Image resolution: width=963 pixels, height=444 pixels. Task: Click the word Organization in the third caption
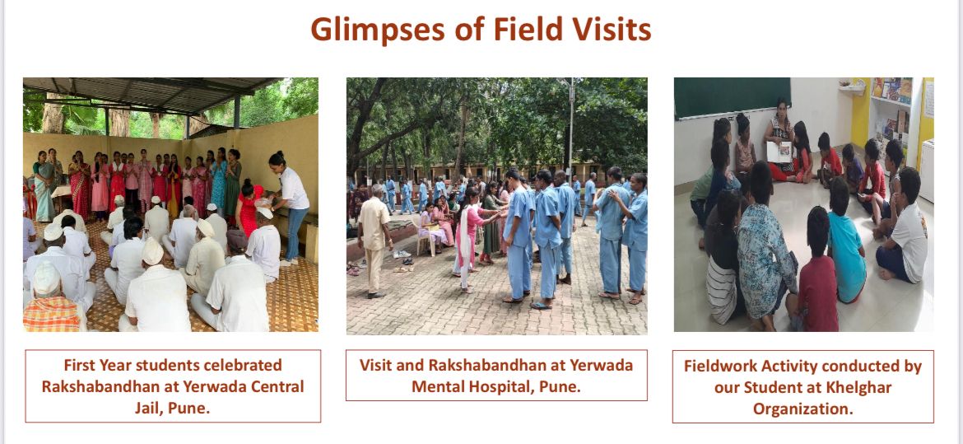coord(803,409)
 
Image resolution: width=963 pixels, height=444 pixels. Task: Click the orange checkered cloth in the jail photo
coord(52,314)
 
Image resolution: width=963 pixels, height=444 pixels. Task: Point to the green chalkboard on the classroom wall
coord(732,97)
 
